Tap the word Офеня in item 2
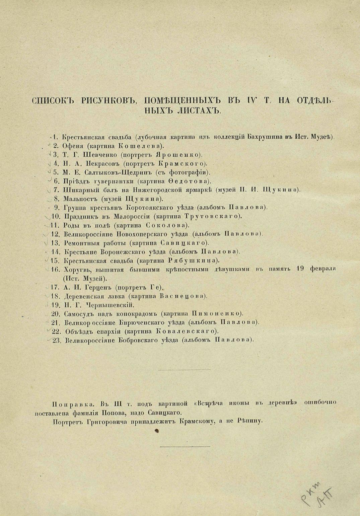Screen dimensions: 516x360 click(72, 146)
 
